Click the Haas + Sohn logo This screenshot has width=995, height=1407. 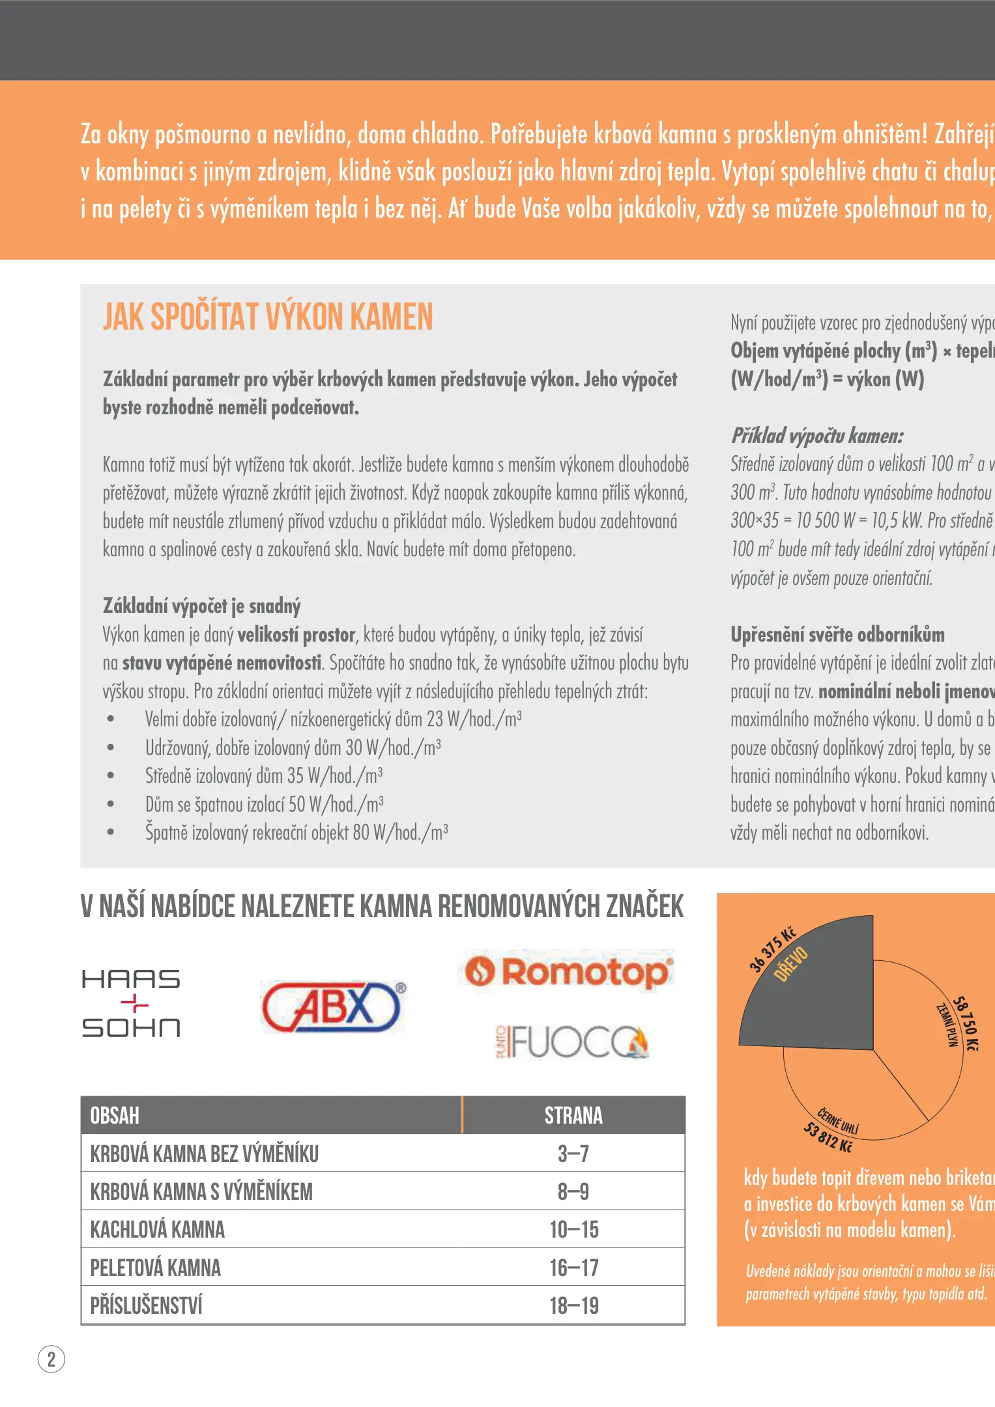tap(131, 1003)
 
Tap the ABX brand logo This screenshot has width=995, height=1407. tap(332, 1007)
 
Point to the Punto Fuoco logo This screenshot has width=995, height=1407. tap(573, 1042)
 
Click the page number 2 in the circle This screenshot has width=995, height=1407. tap(51, 1359)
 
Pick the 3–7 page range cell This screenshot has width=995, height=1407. tap(573, 1154)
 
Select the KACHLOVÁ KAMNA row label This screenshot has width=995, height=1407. tap(158, 1230)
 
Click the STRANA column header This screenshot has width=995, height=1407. tap(573, 1115)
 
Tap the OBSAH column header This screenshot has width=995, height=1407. tap(115, 1115)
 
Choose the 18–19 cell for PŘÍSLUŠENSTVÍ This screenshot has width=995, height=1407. tap(573, 1305)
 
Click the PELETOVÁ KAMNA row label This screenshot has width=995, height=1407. tap(156, 1268)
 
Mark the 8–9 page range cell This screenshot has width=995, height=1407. tap(573, 1191)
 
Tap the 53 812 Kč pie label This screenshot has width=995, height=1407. tap(828, 1137)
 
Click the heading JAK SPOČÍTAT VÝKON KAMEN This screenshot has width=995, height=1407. tap(268, 317)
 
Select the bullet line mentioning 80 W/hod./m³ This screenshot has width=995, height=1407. tap(296, 832)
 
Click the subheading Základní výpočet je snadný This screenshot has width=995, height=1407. tap(202, 606)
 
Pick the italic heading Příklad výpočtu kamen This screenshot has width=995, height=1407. tap(817, 435)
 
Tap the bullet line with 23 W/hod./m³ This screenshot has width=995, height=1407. tap(333, 719)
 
